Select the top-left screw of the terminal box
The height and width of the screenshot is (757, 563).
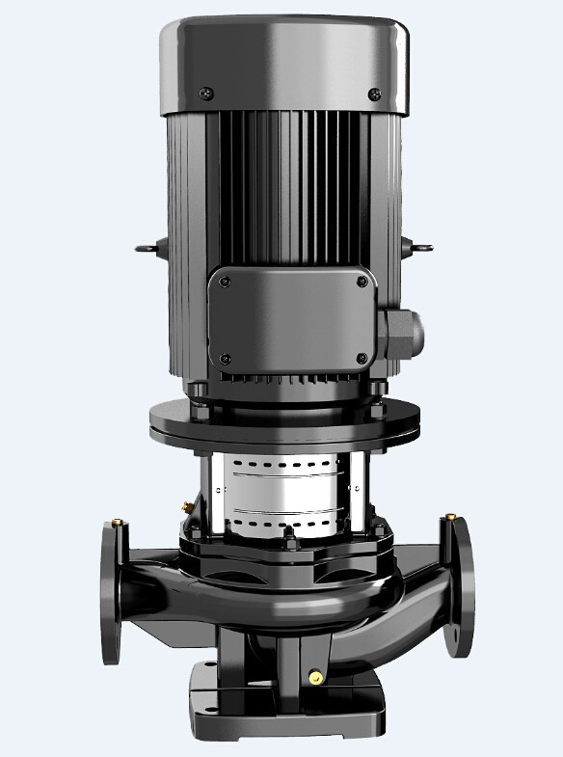coord(225,282)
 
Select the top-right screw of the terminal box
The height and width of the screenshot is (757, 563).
coord(362,282)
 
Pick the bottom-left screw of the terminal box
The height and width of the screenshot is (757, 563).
coord(225,360)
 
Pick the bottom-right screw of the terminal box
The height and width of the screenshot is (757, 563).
coord(362,360)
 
